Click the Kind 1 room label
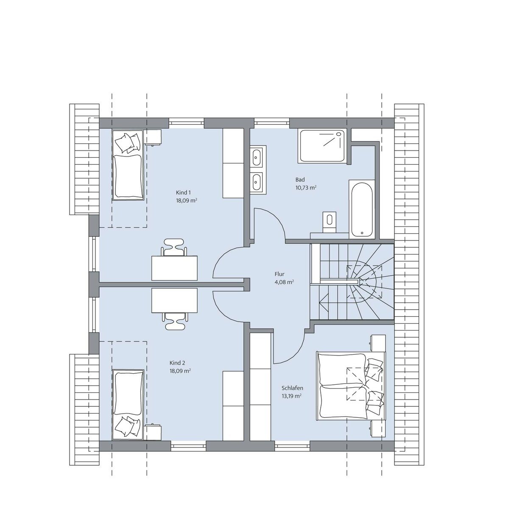tap(183, 193)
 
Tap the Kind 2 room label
tap(177, 363)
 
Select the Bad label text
tap(300, 179)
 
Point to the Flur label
tap(280, 274)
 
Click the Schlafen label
tap(292, 388)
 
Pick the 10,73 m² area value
tap(306, 187)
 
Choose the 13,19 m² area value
tap(292, 396)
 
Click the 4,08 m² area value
tap(284, 282)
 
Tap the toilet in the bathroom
tap(330, 222)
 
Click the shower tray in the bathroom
tap(322, 146)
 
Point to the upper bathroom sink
tap(256, 157)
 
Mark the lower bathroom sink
tap(256, 182)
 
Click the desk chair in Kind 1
tap(174, 247)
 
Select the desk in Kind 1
tap(174, 268)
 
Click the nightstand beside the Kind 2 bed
tap(153, 432)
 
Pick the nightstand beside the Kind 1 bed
tap(153, 137)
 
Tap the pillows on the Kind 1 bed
tap(128, 143)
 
